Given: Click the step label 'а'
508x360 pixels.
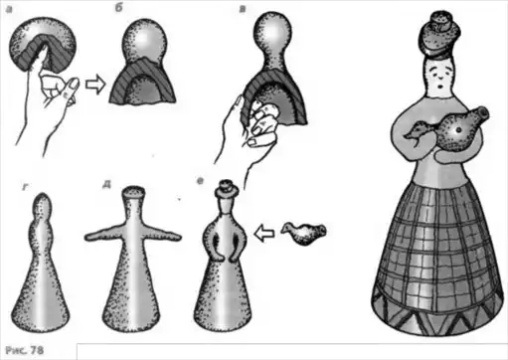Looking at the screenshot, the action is coord(9,10).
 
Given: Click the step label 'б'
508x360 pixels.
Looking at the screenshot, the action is coord(118,8).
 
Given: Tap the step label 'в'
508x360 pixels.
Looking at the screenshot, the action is coord(243,9).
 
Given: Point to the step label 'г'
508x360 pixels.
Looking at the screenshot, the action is coord(25,187).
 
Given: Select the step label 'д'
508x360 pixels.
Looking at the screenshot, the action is coord(106,184).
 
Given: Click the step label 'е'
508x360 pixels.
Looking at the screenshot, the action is coord(200,181).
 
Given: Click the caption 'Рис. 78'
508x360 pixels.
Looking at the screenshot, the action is coord(25,350).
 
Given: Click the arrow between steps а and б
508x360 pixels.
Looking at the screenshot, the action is coord(95,85).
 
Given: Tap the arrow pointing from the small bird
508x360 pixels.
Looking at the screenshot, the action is coord(264,233).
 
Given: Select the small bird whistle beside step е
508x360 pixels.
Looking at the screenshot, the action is coord(304,233).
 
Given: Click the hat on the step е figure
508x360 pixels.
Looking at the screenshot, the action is coord(226,189).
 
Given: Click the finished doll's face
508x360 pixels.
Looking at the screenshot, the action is coord(440,77).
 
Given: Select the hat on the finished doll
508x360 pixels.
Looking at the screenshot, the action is coord(439,34).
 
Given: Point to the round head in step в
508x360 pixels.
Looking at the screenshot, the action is coord(272,31).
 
